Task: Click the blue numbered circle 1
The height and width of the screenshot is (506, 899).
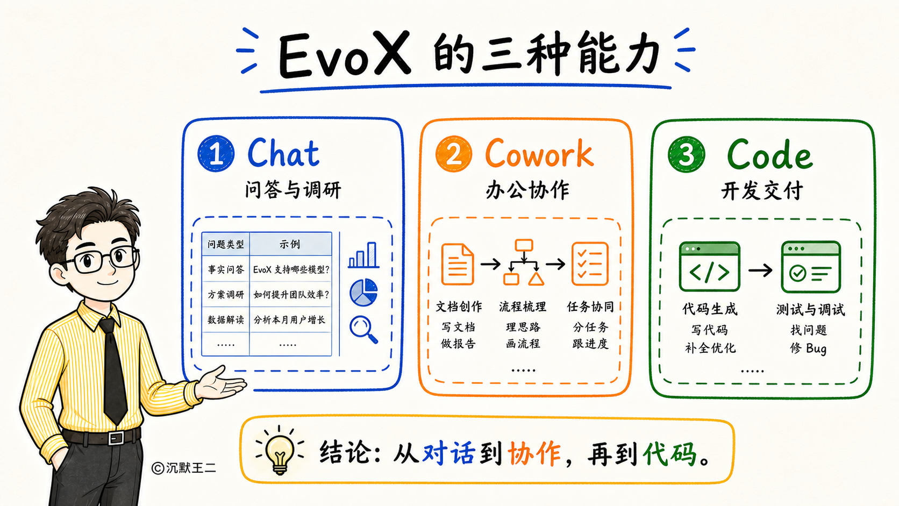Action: click(x=216, y=154)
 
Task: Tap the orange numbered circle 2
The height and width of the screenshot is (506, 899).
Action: click(x=454, y=154)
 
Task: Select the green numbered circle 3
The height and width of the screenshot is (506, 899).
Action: click(x=686, y=154)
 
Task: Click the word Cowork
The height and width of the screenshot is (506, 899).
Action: click(x=539, y=153)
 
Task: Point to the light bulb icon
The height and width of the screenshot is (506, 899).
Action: click(x=280, y=451)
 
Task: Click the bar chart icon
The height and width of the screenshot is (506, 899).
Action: click(x=363, y=255)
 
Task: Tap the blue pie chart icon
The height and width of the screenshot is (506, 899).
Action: click(x=363, y=293)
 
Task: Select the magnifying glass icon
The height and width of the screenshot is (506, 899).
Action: click(x=363, y=330)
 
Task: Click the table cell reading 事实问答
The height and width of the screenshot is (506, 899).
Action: click(x=225, y=269)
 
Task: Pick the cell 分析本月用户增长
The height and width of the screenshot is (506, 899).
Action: click(x=289, y=320)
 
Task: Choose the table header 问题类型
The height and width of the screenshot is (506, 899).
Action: click(x=225, y=244)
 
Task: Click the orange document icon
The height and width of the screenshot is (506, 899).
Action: click(x=458, y=264)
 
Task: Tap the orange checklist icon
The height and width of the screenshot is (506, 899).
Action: click(x=590, y=263)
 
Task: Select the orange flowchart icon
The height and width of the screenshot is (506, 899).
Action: click(x=524, y=262)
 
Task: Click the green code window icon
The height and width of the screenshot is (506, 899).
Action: click(x=710, y=266)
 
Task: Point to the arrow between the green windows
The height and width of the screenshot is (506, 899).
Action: click(x=760, y=270)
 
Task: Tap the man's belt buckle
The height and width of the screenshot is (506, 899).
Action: click(x=116, y=438)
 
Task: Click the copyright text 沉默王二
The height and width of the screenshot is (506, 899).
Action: click(x=191, y=468)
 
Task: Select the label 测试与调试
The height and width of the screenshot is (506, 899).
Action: click(x=810, y=309)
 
